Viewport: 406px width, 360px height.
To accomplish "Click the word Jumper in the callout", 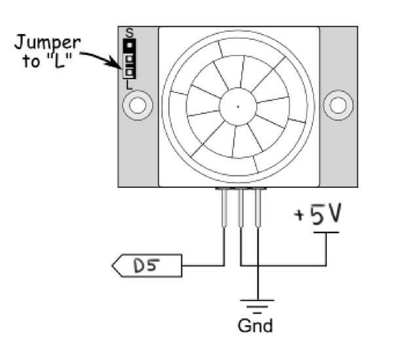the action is click(47, 43).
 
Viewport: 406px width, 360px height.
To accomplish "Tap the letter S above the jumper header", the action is click(130, 33).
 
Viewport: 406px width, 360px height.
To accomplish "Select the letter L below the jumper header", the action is click(129, 85).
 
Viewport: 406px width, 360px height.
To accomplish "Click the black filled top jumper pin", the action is click(129, 45).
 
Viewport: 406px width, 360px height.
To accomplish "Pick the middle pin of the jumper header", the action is click(129, 59).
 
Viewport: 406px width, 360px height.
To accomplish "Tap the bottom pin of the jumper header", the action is click(129, 72).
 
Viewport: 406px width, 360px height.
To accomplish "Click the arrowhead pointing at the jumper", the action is click(115, 63).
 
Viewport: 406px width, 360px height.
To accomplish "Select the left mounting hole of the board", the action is click(138, 105).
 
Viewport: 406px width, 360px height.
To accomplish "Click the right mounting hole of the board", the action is click(338, 105).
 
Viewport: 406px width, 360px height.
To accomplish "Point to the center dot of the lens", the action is click(238, 107).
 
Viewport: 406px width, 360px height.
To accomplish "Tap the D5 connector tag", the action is click(147, 266).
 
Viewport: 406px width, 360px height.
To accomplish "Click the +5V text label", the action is click(318, 213).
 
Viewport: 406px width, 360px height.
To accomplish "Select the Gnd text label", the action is click(255, 325).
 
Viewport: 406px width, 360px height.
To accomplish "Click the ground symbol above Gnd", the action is click(257, 307).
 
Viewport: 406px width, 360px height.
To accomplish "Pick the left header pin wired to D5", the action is click(225, 207).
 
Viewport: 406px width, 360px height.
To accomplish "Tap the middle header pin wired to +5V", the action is click(241, 207).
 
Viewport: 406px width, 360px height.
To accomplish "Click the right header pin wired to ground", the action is click(257, 207).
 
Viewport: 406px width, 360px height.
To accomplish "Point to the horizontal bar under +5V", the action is click(326, 232).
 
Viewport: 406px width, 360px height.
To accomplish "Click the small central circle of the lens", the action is click(238, 107).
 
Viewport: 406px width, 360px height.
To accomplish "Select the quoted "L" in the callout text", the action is click(60, 62).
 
